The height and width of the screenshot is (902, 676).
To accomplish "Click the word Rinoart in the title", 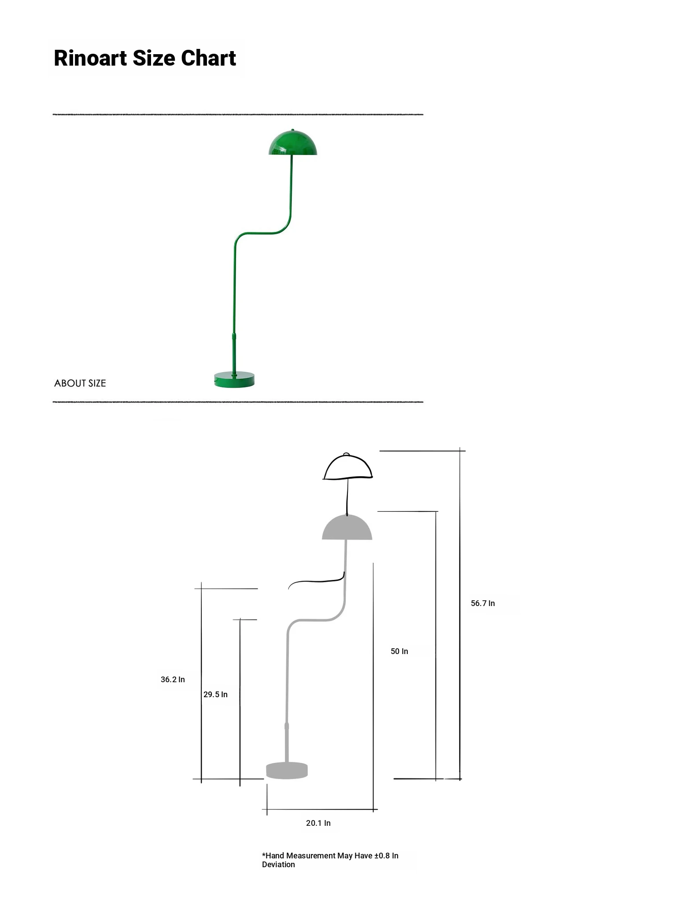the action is point(90,58).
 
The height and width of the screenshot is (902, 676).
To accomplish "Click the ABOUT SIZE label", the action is point(80,383).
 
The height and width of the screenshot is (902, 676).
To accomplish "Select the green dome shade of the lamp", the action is point(293,142).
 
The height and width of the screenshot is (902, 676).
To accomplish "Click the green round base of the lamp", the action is point(234,380).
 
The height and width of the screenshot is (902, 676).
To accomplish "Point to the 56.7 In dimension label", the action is point(483,603).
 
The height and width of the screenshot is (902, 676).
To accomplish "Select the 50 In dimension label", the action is point(399,651).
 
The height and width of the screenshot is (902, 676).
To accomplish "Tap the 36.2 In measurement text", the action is point(173,680).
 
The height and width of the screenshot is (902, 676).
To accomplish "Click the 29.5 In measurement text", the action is point(215,695).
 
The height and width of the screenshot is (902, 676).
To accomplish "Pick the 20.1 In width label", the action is point(318,823).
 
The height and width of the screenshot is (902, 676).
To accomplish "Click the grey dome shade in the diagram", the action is point(347,527).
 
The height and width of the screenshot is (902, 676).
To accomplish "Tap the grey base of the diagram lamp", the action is point(287,770).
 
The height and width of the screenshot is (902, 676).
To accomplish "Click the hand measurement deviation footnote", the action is point(330,860).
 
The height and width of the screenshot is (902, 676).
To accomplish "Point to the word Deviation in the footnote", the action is point(278,865).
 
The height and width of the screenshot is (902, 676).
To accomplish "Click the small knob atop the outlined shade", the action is point(346,455).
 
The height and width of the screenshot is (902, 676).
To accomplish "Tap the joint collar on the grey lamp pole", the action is point(287,727).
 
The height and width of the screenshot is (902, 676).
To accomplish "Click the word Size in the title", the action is point(154,58).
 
